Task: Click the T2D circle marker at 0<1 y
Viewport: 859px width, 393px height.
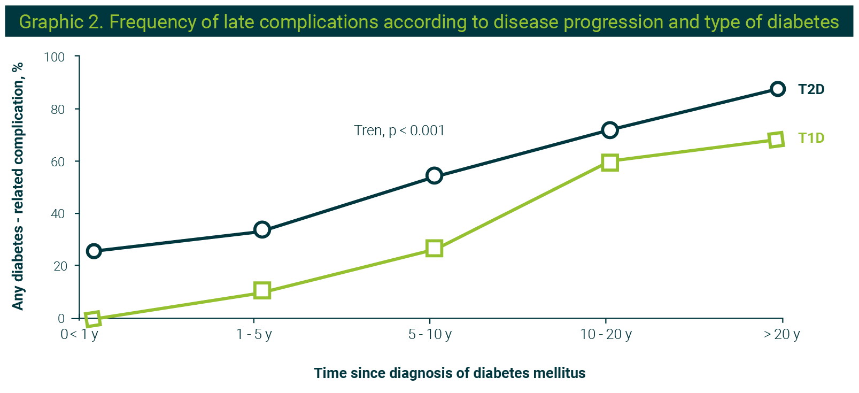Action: pyautogui.click(x=94, y=251)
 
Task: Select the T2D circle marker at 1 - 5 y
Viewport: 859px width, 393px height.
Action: pyautogui.click(x=262, y=230)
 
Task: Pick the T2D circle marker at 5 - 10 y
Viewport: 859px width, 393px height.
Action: pyautogui.click(x=434, y=175)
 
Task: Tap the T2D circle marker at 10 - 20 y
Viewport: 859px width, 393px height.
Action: pyautogui.click(x=609, y=130)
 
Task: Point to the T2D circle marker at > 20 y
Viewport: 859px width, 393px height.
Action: pyautogui.click(x=778, y=89)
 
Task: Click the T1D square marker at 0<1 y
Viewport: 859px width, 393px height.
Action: pyautogui.click(x=93, y=319)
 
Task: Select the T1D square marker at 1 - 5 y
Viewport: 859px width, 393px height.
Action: pyautogui.click(x=262, y=291)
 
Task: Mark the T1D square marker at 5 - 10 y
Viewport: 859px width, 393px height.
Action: pyautogui.click(x=434, y=249)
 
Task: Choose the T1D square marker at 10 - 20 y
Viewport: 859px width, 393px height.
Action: pyautogui.click(x=609, y=162)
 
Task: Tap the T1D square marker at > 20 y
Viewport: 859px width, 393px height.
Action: pyautogui.click(x=776, y=140)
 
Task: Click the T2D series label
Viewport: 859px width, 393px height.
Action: pyautogui.click(x=811, y=89)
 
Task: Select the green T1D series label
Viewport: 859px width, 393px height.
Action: pyautogui.click(x=811, y=138)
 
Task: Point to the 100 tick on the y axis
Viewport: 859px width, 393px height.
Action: pyautogui.click(x=55, y=57)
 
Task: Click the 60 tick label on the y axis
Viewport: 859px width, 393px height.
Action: pyautogui.click(x=58, y=161)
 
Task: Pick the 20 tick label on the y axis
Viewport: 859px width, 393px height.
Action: pyautogui.click(x=58, y=266)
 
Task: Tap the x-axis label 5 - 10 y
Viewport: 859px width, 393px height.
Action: pyautogui.click(x=430, y=335)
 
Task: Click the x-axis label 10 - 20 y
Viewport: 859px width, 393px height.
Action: pyautogui.click(x=606, y=335)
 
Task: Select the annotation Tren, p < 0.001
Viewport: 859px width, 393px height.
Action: pyautogui.click(x=399, y=130)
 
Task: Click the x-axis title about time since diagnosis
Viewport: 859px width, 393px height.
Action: pyautogui.click(x=450, y=373)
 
